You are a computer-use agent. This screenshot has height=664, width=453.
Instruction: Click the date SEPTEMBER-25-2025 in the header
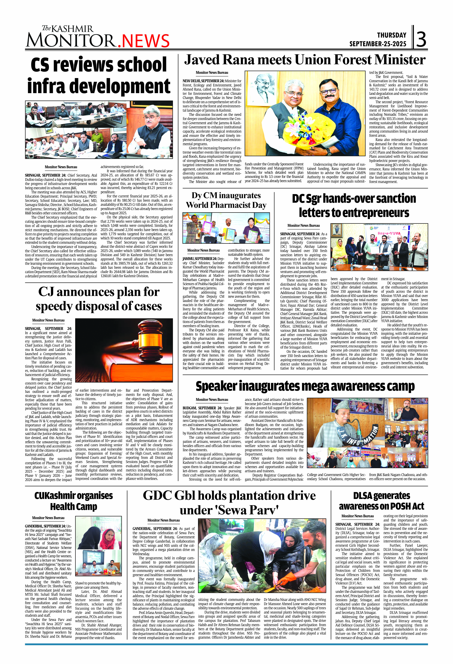click(x=378, y=44)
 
